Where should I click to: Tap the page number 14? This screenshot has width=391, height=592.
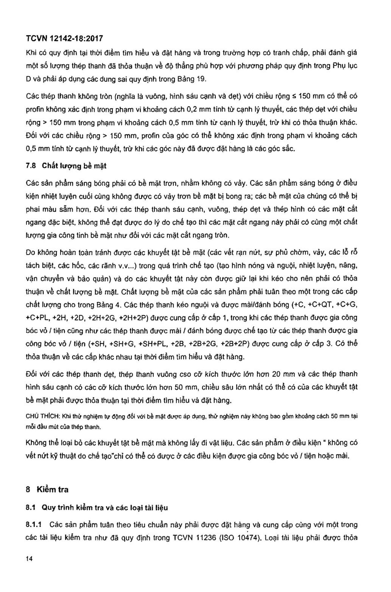point(29,559)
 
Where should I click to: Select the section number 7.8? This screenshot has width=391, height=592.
point(31,166)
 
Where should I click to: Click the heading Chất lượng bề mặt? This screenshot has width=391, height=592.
point(74,166)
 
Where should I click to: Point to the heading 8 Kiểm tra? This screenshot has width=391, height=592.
point(47,490)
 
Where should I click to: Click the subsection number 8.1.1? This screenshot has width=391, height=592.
point(33,524)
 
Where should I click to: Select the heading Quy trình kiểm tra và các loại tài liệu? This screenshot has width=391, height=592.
point(105,507)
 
